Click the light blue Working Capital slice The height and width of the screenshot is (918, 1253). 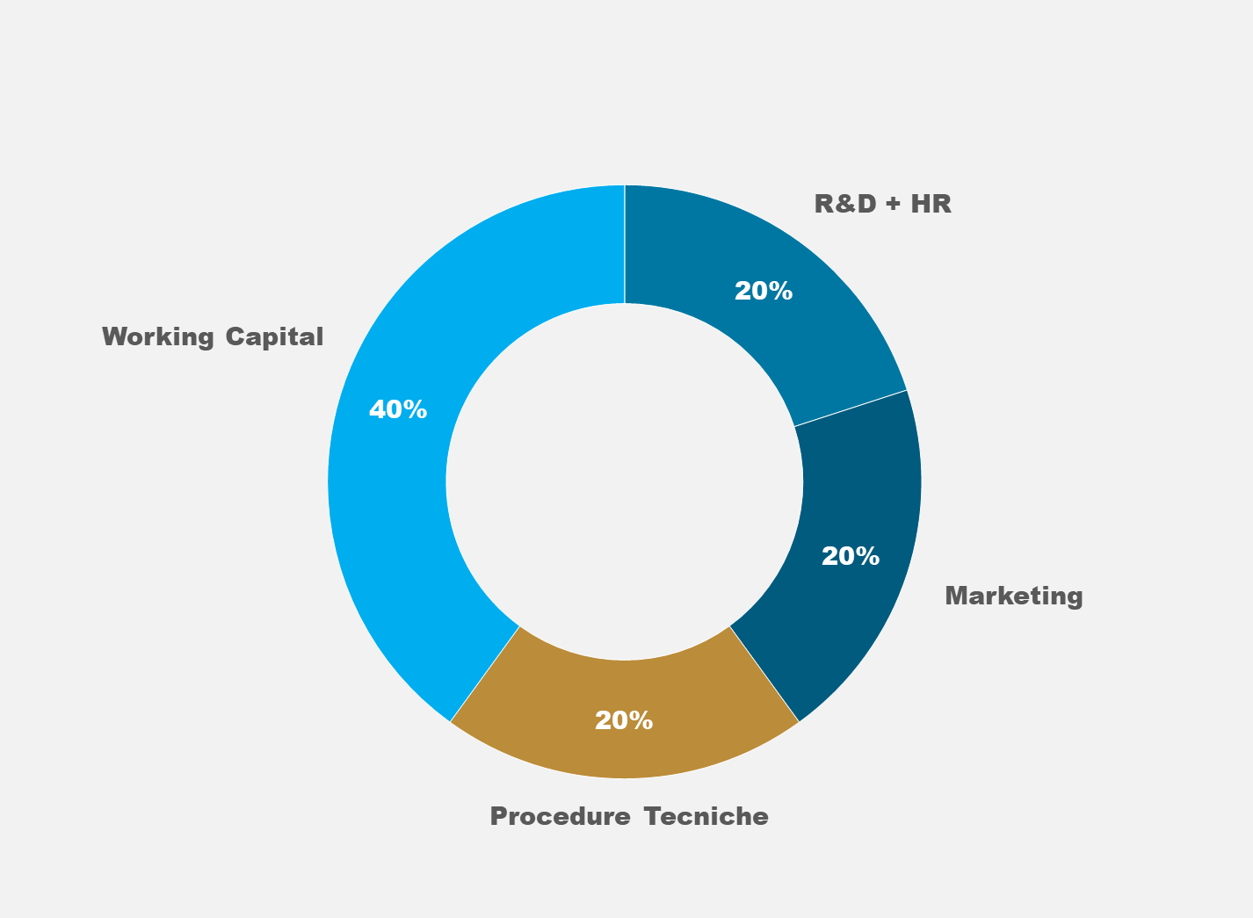(392, 481)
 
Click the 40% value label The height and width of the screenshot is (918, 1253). (398, 409)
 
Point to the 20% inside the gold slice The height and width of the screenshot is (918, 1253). (624, 720)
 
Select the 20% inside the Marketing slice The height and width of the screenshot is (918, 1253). (851, 556)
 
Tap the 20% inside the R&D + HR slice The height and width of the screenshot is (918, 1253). (764, 291)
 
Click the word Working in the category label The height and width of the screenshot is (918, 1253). (158, 337)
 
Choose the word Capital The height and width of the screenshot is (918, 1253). (274, 337)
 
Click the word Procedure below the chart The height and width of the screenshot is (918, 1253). (561, 816)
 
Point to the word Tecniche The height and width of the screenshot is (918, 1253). (706, 816)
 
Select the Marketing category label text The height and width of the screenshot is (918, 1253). (1014, 596)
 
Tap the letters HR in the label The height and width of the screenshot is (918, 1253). (931, 204)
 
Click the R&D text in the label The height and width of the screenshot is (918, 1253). (845, 204)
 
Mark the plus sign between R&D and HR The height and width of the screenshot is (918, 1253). (894, 204)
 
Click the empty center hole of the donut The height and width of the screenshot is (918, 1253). (624, 481)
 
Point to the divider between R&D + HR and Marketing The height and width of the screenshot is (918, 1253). (851, 408)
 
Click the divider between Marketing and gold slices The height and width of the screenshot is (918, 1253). (764, 674)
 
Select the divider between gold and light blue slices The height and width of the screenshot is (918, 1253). (485, 674)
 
